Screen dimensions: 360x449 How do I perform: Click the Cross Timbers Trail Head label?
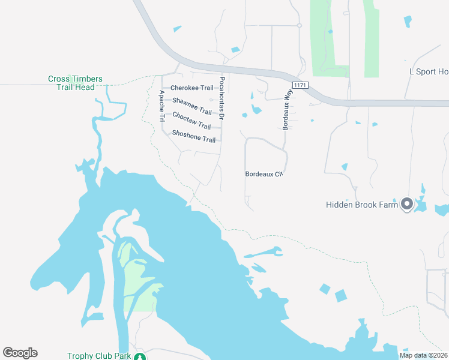click(x=76, y=83)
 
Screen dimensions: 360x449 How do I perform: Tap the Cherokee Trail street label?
click(x=191, y=88)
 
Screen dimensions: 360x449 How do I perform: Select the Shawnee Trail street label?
click(x=192, y=106)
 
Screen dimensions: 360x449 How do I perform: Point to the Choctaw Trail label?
click(x=191, y=121)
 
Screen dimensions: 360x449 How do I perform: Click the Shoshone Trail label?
click(x=193, y=136)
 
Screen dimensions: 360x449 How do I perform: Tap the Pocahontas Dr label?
click(x=222, y=98)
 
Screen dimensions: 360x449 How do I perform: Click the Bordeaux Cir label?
click(x=264, y=174)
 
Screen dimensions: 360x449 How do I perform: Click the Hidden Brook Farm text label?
click(x=362, y=205)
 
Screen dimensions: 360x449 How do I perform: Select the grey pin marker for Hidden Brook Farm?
click(x=406, y=205)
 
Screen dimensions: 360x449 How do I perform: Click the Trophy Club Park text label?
click(x=99, y=356)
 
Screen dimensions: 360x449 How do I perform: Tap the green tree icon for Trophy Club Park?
click(x=140, y=357)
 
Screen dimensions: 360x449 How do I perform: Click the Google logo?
click(x=20, y=353)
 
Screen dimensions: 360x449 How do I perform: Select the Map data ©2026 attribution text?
click(x=423, y=355)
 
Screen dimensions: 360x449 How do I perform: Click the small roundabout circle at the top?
click(x=299, y=25)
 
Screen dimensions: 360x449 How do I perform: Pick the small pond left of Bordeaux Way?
click(x=257, y=110)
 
